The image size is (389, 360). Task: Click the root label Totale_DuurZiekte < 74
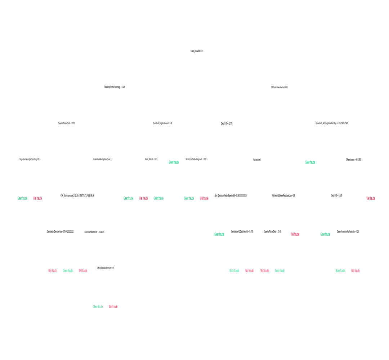197,51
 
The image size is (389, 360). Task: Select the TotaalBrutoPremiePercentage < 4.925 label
114,87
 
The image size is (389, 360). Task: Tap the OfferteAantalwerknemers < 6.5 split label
279,87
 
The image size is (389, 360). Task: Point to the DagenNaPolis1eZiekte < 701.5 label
67,123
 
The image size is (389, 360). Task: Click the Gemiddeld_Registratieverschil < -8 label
162,123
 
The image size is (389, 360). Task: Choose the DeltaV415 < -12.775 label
227,123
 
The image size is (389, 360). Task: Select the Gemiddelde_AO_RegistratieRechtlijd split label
332,123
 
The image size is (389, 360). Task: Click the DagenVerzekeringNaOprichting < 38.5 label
30,159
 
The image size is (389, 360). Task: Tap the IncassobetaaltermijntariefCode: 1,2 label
103,159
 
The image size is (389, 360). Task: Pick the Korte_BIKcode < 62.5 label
151,159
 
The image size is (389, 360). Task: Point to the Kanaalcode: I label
257,159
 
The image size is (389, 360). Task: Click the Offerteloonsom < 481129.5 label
354,159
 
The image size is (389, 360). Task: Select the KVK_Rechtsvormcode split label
77,195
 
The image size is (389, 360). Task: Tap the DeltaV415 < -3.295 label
336,195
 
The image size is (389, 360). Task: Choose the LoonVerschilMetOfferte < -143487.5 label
94,232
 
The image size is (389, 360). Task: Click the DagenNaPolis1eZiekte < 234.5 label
272,232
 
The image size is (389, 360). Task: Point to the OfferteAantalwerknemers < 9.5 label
106,268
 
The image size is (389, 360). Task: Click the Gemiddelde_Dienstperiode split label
60,232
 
